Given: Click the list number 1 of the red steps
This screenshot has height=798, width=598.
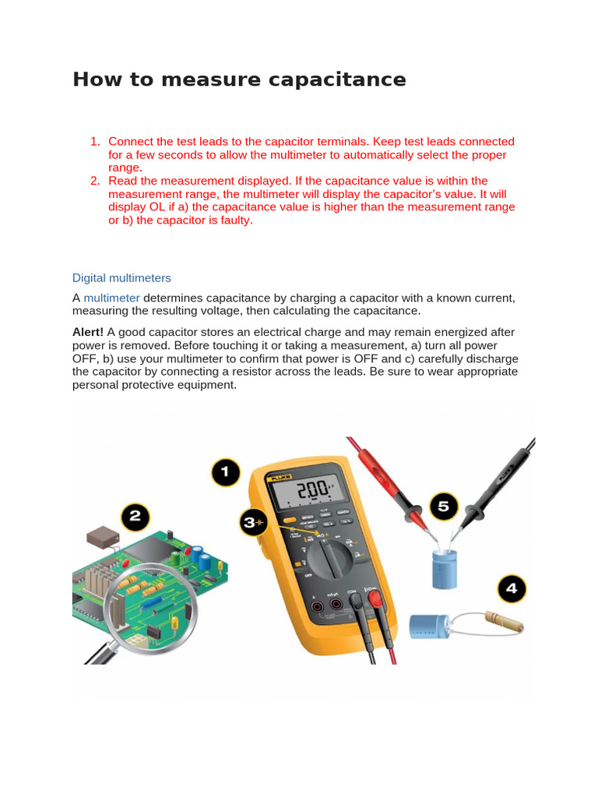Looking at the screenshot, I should coord(94,142).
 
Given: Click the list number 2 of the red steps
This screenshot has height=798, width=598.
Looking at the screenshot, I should coord(94,181).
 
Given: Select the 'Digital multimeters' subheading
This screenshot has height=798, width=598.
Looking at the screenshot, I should coord(121,278).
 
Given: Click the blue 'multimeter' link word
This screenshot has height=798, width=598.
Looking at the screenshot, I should coord(111,298).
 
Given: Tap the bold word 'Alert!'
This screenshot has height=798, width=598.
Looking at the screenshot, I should coord(88,333).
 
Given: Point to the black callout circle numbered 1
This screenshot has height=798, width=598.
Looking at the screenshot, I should coord(227,473).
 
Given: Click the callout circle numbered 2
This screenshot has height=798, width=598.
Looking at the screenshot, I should coord(134,517).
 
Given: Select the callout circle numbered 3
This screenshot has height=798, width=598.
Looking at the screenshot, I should coord(252,523).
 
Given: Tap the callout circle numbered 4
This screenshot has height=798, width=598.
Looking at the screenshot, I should coord(512,588).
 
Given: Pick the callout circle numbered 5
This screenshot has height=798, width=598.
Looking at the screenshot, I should coord(443,507).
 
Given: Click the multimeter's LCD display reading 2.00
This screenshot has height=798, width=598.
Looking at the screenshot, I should coord(306,491).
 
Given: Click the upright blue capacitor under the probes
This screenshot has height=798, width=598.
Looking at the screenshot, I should coord(447,567).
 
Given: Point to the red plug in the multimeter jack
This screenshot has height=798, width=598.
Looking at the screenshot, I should coord(374,598).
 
